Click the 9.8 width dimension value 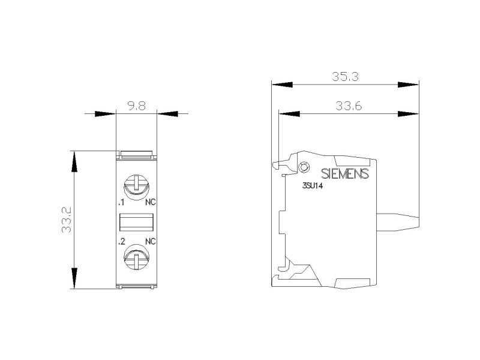coord(137,106)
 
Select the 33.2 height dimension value coord(67,220)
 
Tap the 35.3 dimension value coord(346,77)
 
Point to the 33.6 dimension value coord(349,106)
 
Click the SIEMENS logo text coord(344,173)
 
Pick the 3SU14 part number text coord(312,186)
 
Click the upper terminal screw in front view coord(136,187)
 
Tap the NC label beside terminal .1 coord(151,202)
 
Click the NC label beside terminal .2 coord(151,242)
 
